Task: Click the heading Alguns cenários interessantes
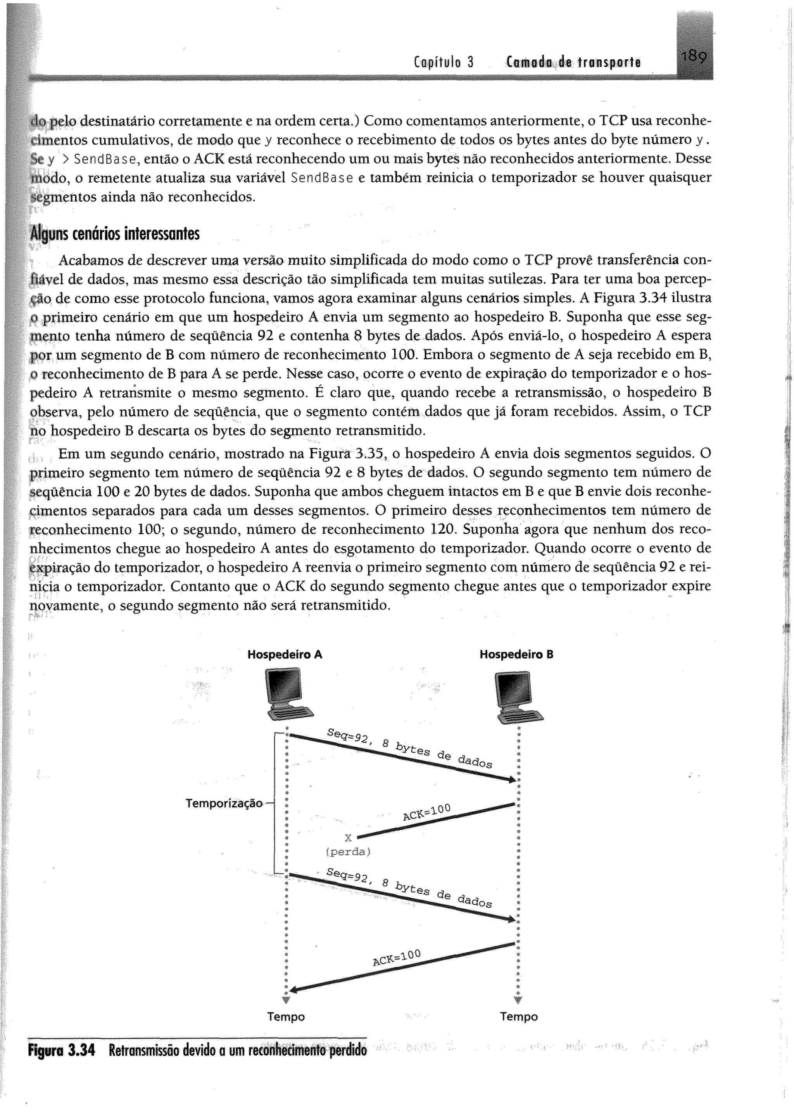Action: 115,234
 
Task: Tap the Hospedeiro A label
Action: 285,654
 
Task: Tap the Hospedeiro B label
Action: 516,654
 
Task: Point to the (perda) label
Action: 348,852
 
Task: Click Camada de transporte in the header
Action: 573,62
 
